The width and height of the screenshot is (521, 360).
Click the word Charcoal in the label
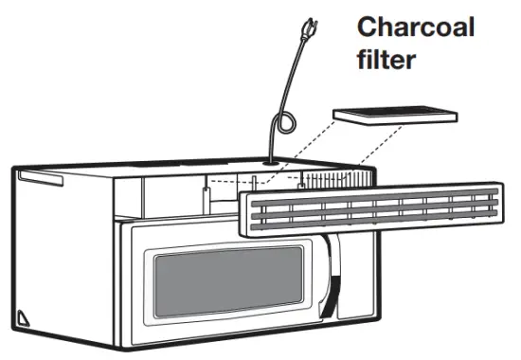point(416,26)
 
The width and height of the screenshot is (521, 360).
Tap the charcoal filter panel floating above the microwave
point(397,115)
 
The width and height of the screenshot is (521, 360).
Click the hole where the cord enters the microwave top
point(273,162)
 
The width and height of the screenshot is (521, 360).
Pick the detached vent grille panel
point(374,208)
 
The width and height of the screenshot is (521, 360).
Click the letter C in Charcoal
point(368,26)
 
